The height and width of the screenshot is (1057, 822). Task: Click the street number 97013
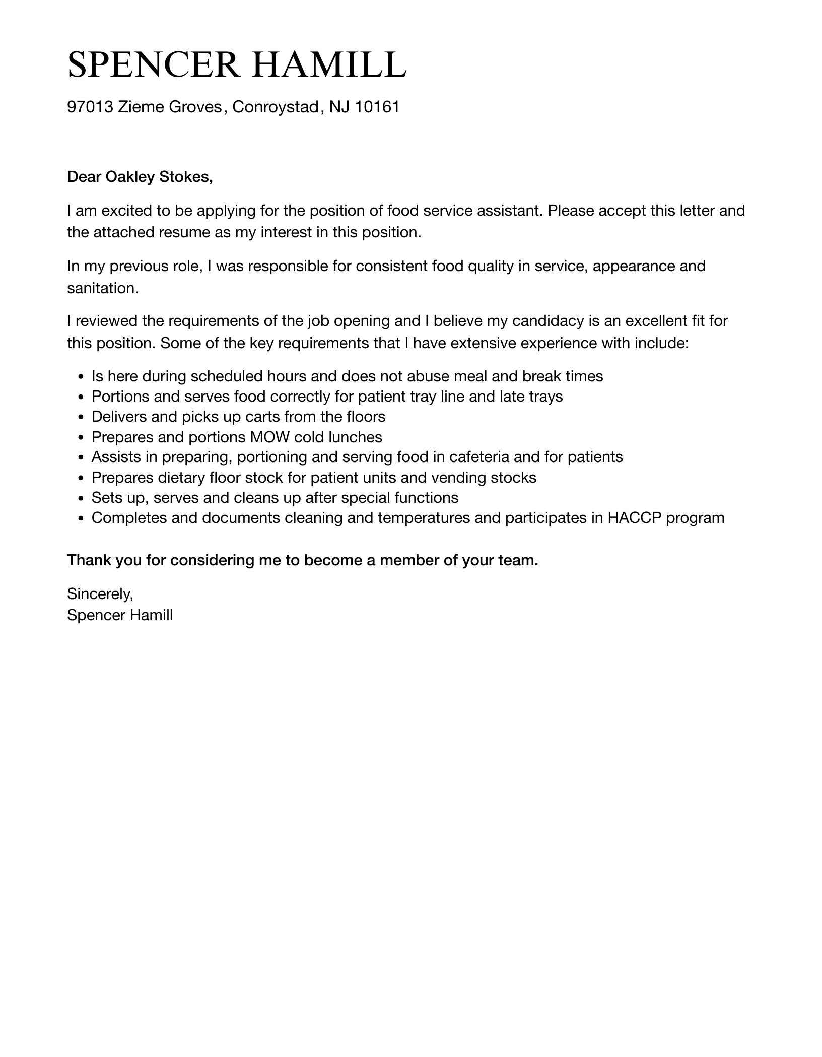pyautogui.click(x=90, y=107)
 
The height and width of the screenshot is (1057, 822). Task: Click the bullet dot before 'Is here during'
pyautogui.click(x=81, y=377)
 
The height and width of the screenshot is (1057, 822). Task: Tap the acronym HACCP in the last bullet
pyautogui.click(x=634, y=517)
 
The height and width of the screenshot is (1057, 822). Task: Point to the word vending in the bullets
pyautogui.click(x=459, y=477)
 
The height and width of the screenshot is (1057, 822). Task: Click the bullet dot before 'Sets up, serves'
pyautogui.click(x=81, y=498)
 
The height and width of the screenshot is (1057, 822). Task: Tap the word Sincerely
pyautogui.click(x=100, y=594)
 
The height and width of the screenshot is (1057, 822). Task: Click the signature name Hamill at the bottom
pyautogui.click(x=151, y=615)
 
